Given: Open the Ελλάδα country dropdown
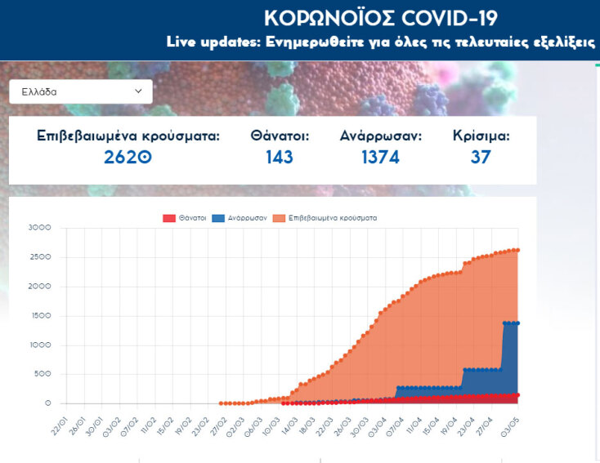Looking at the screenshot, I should (x=80, y=91).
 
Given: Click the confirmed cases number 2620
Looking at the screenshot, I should (x=128, y=157).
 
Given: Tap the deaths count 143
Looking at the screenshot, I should (x=280, y=157).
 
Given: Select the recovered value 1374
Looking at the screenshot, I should (x=380, y=157).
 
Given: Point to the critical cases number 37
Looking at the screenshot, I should (x=481, y=157).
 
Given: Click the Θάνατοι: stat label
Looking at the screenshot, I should (x=280, y=136).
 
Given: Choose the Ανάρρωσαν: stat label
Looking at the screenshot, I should (x=380, y=136).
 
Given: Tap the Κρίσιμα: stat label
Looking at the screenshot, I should (x=481, y=136).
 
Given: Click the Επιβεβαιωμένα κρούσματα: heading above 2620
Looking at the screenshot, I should (x=128, y=136).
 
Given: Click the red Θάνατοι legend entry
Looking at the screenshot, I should (x=181, y=218).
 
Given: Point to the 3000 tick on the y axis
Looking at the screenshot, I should (x=38, y=228).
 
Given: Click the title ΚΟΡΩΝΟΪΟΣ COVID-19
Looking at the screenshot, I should (x=381, y=18).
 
